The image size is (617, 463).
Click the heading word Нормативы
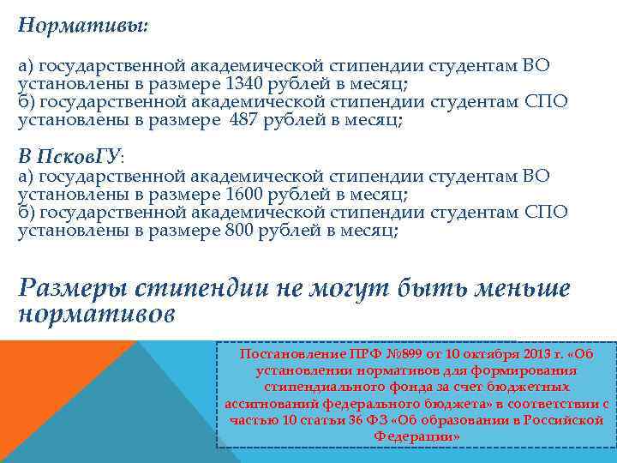click(81, 25)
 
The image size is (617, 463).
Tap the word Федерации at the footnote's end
click(416, 436)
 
